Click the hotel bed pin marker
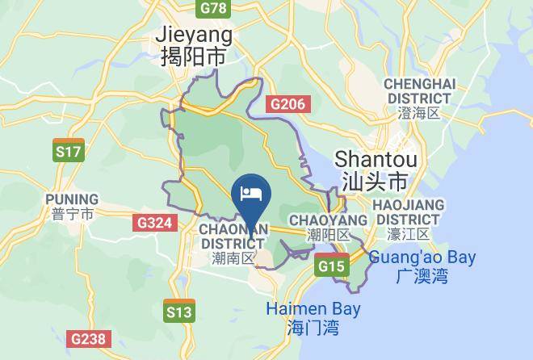[251, 195]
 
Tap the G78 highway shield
[214, 8]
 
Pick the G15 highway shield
[332, 266]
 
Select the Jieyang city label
[194, 35]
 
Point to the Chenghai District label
[420, 91]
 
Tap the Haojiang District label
[409, 211]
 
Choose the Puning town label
[72, 199]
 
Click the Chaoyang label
[328, 220]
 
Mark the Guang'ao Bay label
[423, 258]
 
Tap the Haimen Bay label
[313, 309]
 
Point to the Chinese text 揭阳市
[194, 57]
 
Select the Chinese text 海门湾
[313, 328]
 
